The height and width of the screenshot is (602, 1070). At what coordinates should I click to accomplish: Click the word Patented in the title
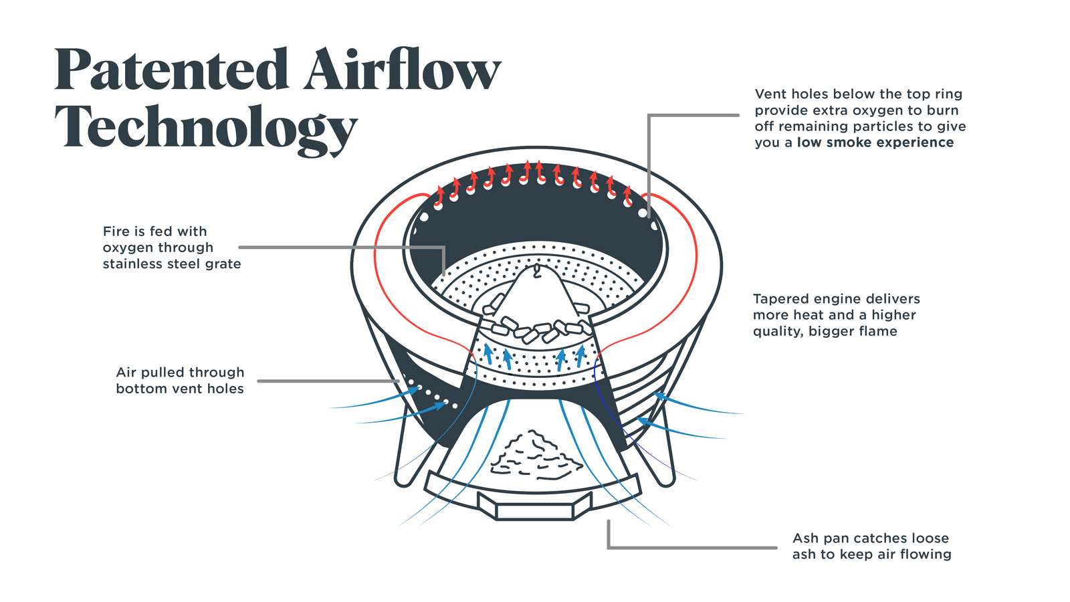pos(171,70)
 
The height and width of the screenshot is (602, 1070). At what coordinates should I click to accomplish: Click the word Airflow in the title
pos(401,70)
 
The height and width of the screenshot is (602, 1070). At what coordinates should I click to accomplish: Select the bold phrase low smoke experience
pos(875,142)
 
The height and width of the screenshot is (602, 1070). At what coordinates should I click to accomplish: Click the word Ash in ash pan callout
pos(806,538)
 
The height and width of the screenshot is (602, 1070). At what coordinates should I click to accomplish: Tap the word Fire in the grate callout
pos(116,231)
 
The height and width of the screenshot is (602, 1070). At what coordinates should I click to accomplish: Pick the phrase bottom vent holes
pos(180,389)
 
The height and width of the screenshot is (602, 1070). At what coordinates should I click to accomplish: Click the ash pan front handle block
pos(534,506)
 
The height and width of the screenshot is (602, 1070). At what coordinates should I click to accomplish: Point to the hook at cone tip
pos(536,270)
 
